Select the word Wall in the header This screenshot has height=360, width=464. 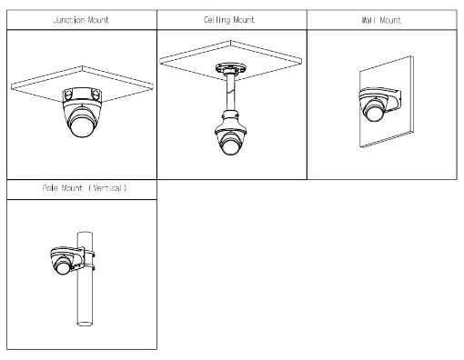pyautogui.click(x=368, y=20)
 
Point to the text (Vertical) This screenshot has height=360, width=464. pyautogui.click(x=107, y=188)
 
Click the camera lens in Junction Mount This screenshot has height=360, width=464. pyautogui.click(x=82, y=125)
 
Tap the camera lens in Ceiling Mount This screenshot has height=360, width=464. pyautogui.click(x=230, y=145)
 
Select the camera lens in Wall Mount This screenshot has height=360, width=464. pyautogui.click(x=375, y=112)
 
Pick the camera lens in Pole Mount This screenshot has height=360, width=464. pyautogui.click(x=64, y=267)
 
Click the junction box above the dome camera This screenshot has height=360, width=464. pyautogui.click(x=82, y=95)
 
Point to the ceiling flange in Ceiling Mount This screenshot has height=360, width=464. pyautogui.click(x=230, y=68)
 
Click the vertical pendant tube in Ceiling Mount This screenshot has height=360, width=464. pyautogui.click(x=230, y=92)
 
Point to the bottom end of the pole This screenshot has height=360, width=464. pyautogui.click(x=85, y=324)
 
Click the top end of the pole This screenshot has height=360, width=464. pyautogui.click(x=85, y=233)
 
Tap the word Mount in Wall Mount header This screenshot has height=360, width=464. pyautogui.click(x=390, y=20)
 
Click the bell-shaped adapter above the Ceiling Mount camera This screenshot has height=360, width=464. pyautogui.click(x=230, y=122)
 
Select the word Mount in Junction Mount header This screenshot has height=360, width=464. pyautogui.click(x=98, y=20)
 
